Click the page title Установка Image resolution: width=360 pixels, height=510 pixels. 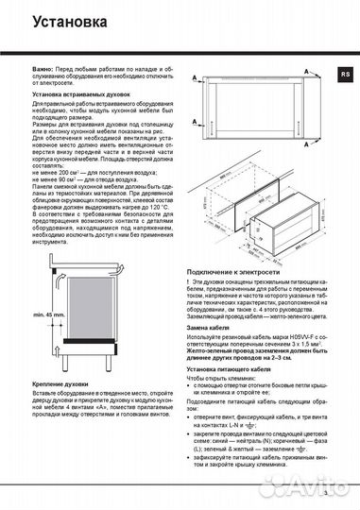pos(60,18)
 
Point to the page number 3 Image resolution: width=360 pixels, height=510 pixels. pos(324,493)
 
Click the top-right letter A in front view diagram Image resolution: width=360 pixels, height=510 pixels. pos(323,74)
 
